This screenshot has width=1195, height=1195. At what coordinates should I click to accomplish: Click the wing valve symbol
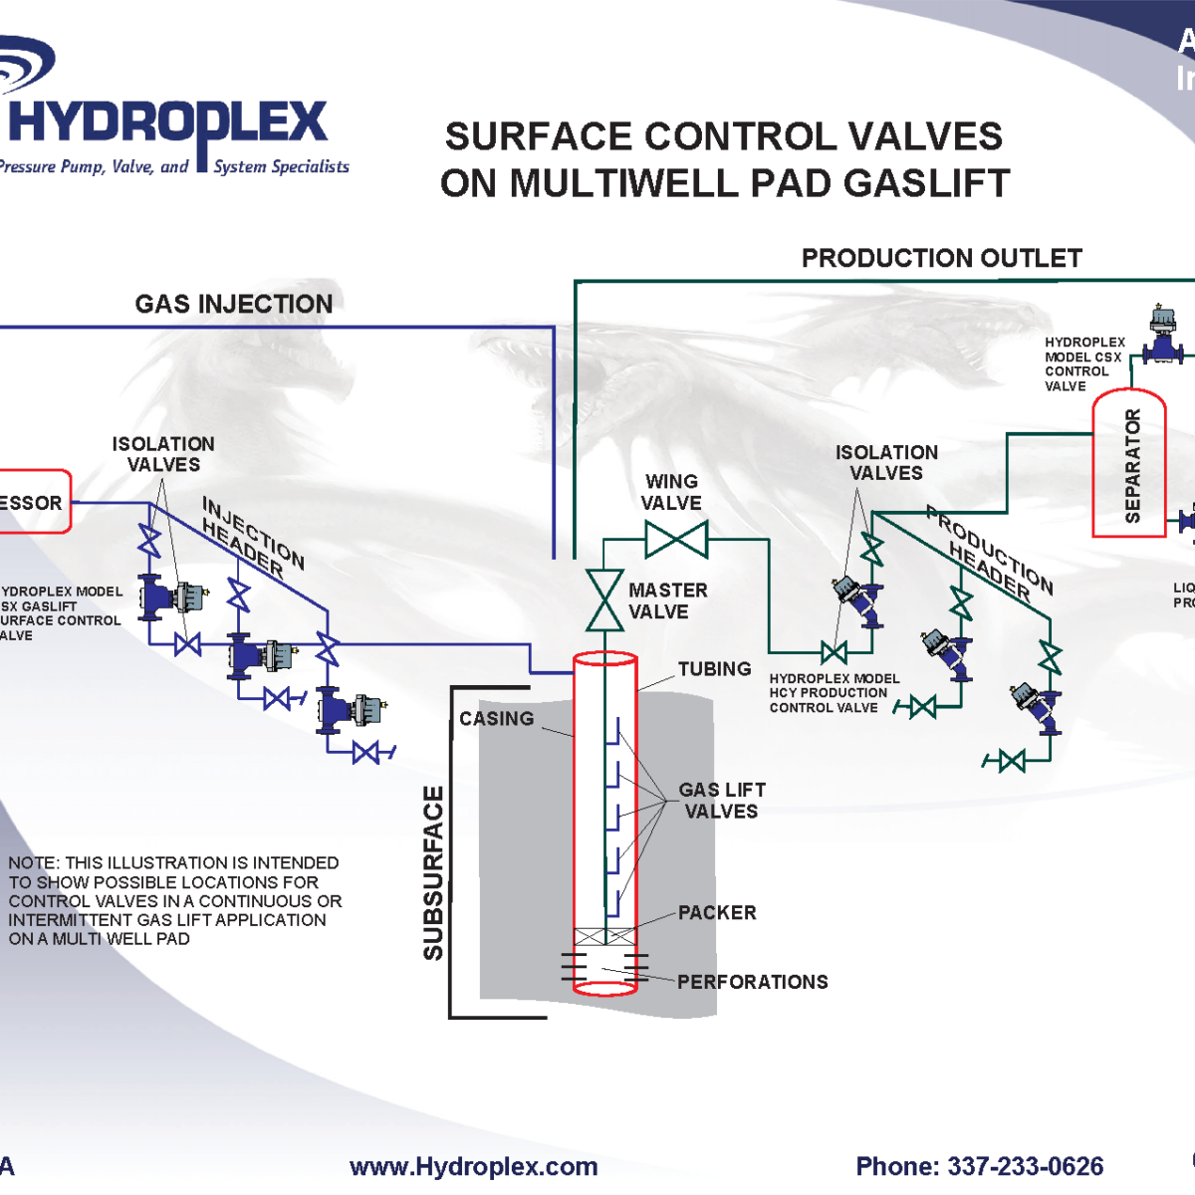pos(676,540)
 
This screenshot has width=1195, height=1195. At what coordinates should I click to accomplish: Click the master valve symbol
pos(604,600)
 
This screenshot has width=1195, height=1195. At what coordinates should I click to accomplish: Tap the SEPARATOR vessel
pos(1129,464)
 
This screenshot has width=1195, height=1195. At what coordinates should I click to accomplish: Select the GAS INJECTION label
pos(234,304)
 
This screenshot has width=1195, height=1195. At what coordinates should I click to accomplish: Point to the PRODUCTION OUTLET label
pos(941,259)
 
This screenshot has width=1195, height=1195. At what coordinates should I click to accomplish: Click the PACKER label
pos(717,912)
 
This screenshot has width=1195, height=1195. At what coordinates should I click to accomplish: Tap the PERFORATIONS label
pos(752,982)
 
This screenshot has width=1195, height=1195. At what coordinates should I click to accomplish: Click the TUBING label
pos(714,669)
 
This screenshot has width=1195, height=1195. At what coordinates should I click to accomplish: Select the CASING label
pos(496,718)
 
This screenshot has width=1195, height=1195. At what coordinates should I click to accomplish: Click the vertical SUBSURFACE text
pos(433,872)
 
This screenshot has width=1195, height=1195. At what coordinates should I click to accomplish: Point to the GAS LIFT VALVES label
pos(721,801)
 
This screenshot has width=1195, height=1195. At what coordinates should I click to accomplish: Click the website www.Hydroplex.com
pos(473,1166)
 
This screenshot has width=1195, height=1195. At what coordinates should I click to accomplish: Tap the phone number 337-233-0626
pos(1025,1166)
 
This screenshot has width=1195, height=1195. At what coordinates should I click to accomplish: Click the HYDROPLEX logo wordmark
pos(167,124)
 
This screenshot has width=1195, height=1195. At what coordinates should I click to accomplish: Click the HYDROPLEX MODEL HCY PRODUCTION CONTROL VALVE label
pos(834,693)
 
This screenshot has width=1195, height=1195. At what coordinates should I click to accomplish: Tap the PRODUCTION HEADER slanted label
pos(989,553)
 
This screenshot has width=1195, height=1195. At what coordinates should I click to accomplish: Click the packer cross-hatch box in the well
pos(604,937)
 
